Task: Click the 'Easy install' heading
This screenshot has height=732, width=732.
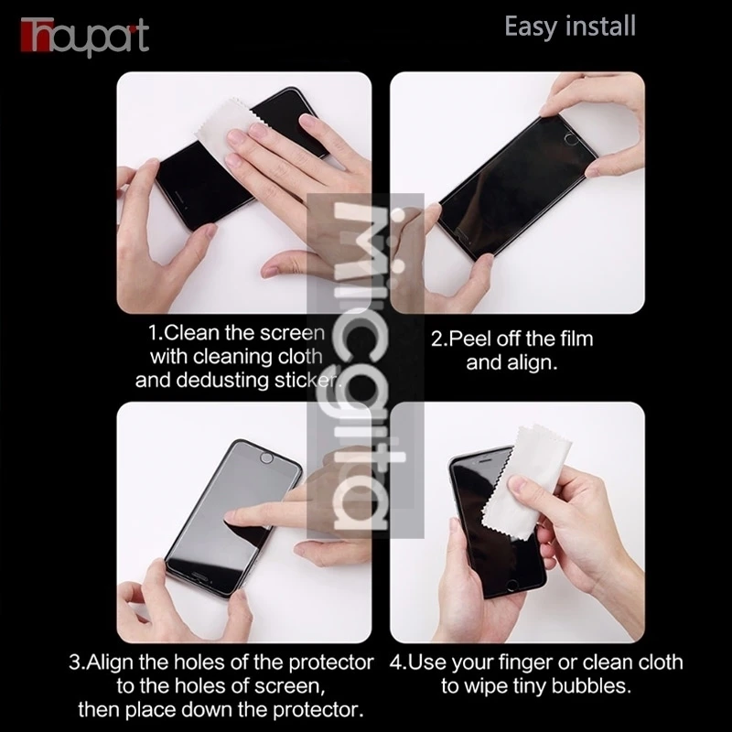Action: [569, 26]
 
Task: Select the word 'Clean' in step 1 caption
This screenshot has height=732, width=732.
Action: [189, 331]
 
